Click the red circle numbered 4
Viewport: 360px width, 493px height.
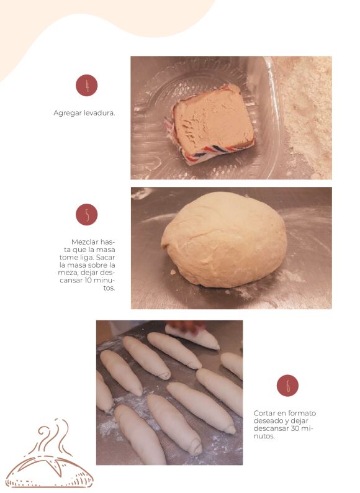(86, 85)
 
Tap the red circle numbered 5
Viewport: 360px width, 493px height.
(86, 214)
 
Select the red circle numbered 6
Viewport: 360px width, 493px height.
(287, 386)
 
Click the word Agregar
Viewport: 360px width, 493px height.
(68, 113)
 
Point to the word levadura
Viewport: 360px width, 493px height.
(99, 113)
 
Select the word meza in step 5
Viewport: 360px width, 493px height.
(68, 273)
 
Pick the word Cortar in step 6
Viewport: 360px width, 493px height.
(264, 413)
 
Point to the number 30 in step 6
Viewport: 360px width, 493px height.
(295, 428)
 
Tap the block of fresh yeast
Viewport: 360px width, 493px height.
(214, 122)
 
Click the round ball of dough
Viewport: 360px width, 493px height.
(224, 240)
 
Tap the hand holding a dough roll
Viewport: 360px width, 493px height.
(185, 327)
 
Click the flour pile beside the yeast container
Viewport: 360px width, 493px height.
(305, 116)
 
